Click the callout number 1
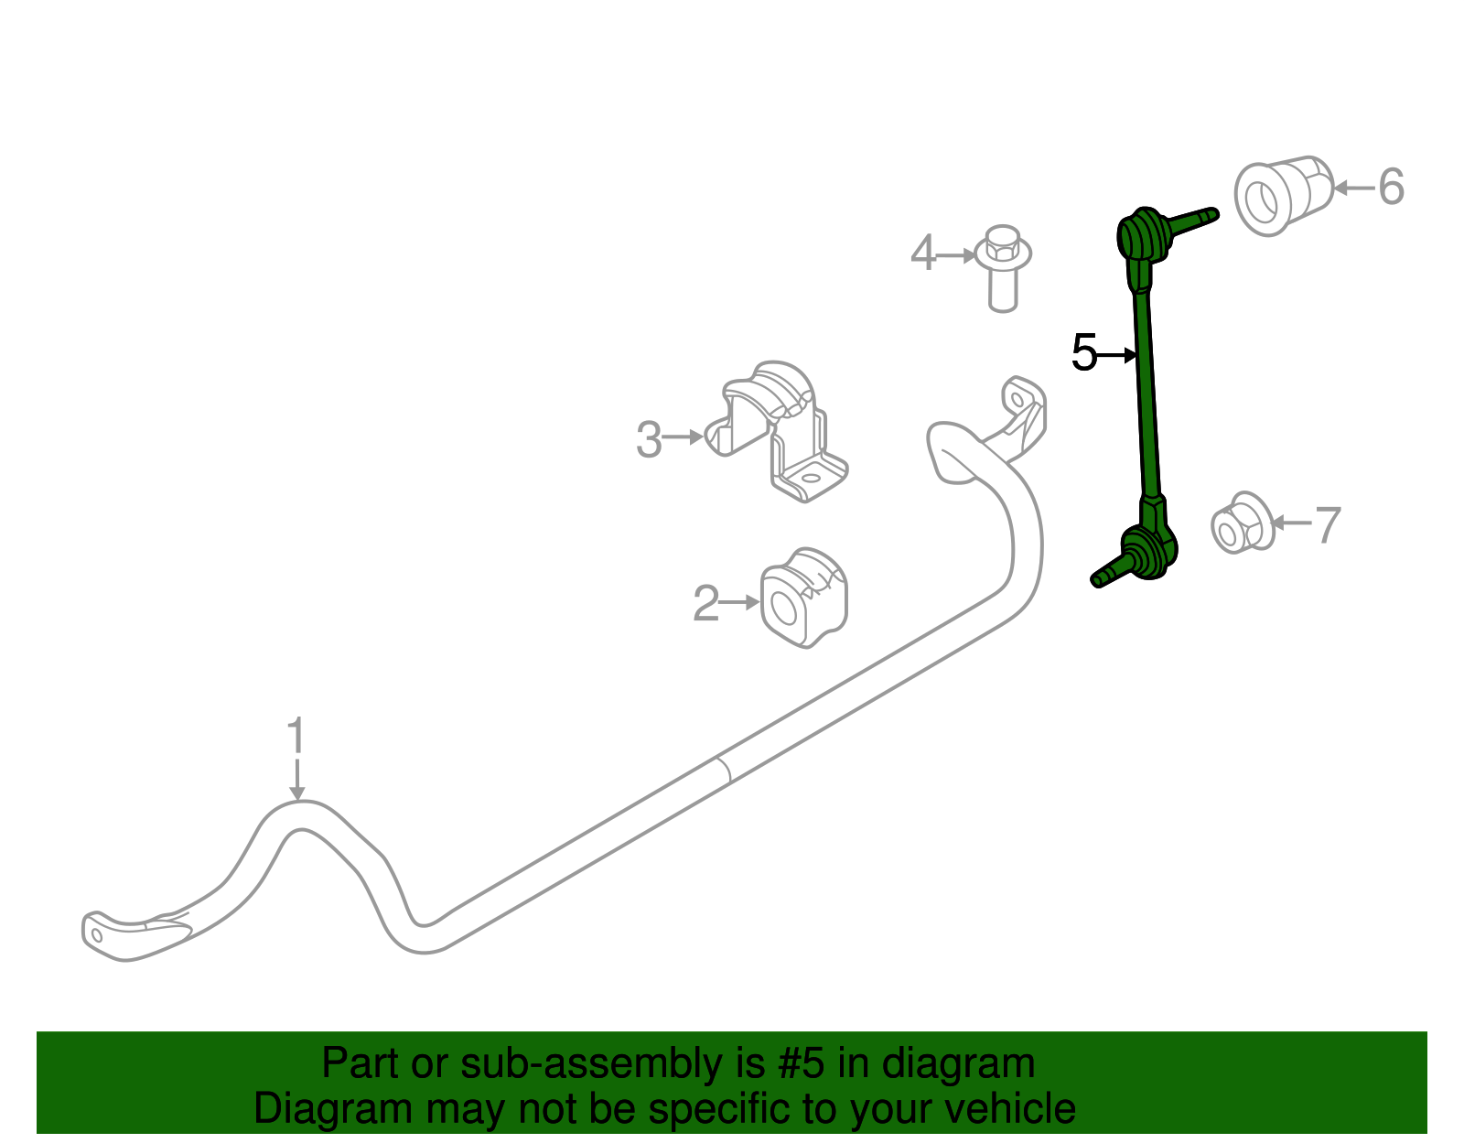(295, 736)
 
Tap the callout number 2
(705, 604)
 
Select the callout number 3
(649, 440)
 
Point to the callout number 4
(923, 253)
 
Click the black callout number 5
(1084, 353)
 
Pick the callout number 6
(1391, 187)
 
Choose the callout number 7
(1327, 525)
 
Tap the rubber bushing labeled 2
(803, 598)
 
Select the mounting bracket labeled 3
(783, 430)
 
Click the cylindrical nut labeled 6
(1281, 195)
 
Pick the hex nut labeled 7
(1242, 524)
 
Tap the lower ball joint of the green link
(1147, 551)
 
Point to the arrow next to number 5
(1118, 354)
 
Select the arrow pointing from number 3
(684, 437)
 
